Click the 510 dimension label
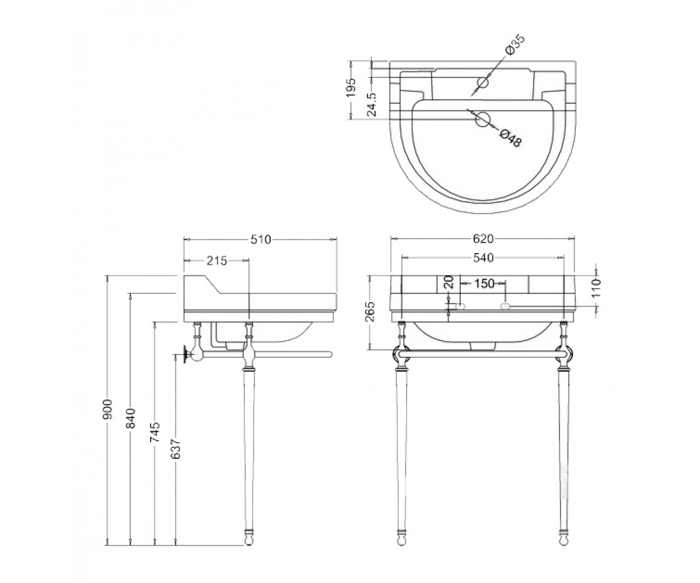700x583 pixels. coord(261,240)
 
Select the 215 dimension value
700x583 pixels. coord(216,261)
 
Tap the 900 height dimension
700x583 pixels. coord(107,409)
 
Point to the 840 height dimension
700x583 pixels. coord(131,418)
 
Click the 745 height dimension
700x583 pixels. coord(155,432)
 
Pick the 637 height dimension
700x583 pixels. coord(176,449)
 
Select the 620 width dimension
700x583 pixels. coord(483,239)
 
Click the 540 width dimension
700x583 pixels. coord(483,258)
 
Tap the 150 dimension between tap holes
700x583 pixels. coord(484,284)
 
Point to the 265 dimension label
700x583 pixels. coord(370,311)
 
